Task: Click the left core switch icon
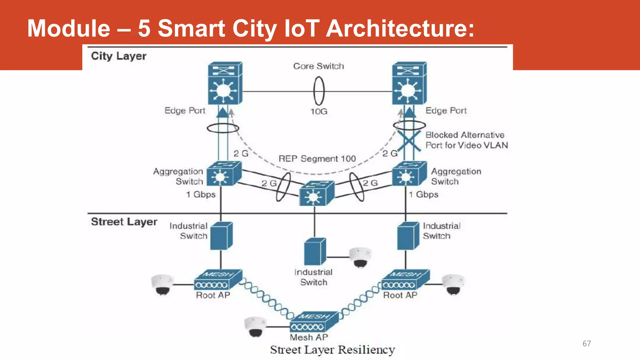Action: [225, 83]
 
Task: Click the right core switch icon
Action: [409, 83]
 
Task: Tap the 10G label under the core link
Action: [319, 111]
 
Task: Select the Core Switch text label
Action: [318, 66]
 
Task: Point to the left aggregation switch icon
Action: [223, 174]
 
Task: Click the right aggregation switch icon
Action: [409, 174]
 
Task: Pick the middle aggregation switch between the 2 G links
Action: [316, 193]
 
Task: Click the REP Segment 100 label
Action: [317, 159]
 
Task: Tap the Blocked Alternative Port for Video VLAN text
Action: [466, 140]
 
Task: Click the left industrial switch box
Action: [221, 236]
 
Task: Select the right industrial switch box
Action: [408, 236]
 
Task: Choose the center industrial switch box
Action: [315, 252]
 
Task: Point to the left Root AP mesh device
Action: [217, 280]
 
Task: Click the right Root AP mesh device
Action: [405, 280]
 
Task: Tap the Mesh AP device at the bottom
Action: [314, 322]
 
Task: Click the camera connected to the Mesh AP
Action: [255, 327]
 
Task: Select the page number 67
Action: [587, 344]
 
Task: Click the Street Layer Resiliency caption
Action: [332, 350]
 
